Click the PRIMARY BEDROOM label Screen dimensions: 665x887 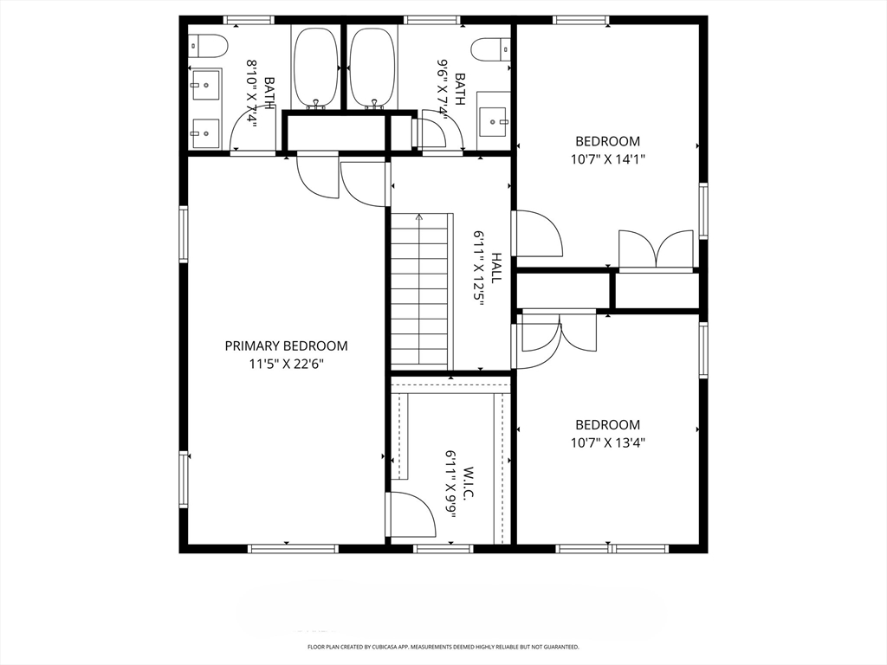[x=286, y=345]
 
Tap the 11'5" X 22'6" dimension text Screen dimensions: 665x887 [x=286, y=364]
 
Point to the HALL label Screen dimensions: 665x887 [x=496, y=268]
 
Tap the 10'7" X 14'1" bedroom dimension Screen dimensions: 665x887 [x=608, y=159]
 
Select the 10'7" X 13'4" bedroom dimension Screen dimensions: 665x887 [x=608, y=442]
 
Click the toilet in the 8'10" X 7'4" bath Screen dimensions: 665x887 [x=208, y=44]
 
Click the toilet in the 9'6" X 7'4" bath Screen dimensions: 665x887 [x=493, y=48]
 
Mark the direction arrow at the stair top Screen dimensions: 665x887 [x=420, y=217]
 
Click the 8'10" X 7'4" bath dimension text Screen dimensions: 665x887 [x=254, y=94]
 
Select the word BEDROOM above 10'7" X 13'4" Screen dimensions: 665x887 [x=608, y=424]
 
